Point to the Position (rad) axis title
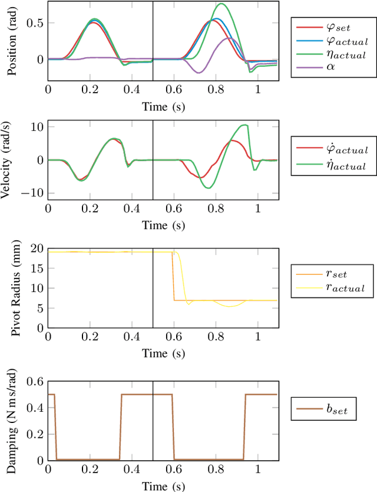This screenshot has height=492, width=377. pyautogui.click(x=11, y=41)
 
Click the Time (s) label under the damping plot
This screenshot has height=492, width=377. pyautogui.click(x=162, y=486)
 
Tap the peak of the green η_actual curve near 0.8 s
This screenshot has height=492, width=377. pyautogui.click(x=221, y=4)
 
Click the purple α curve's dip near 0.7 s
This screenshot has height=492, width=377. pyautogui.click(x=199, y=73)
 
